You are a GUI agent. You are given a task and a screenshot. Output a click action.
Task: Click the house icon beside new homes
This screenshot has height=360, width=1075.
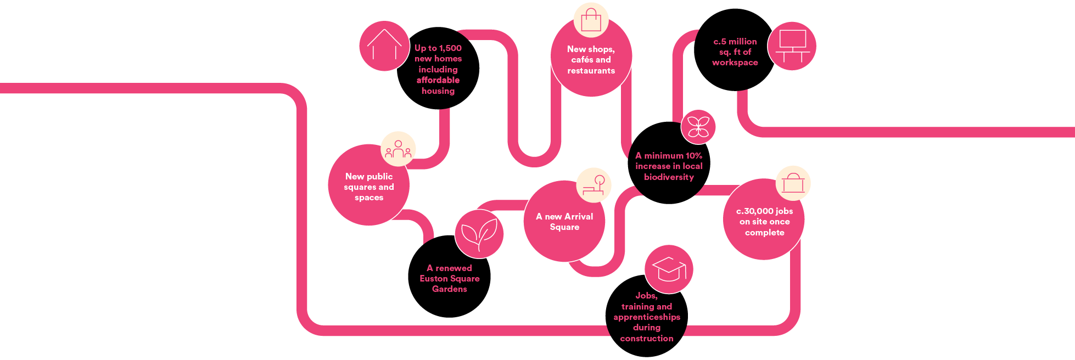pos(384,45)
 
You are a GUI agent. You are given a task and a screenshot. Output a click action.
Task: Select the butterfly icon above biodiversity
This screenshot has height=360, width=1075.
pos(698,127)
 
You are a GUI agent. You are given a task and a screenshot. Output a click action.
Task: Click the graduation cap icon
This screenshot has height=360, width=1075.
pos(669,269)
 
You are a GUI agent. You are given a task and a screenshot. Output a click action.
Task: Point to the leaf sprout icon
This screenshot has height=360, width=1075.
pos(479,234)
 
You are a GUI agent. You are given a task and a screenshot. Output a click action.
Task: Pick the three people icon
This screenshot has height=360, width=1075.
pos(398,149)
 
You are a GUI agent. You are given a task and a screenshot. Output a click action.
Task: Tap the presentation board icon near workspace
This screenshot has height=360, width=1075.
pos(792,46)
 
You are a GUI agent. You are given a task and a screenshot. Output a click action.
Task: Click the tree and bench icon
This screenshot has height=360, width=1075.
pos(594,185)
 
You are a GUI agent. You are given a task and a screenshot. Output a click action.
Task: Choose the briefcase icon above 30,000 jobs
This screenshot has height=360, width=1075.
pos(793,183)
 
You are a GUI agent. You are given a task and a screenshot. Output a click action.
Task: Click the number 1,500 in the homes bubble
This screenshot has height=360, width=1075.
pos(450,48)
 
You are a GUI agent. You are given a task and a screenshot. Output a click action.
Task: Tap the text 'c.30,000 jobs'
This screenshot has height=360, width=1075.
pos(764,211)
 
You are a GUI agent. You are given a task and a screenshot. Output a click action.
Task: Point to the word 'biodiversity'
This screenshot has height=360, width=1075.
pos(669,177)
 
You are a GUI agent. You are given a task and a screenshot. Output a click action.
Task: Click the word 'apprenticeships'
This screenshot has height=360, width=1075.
pos(647,317)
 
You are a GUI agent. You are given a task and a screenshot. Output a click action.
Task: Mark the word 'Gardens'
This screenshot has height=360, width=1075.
pos(449,289)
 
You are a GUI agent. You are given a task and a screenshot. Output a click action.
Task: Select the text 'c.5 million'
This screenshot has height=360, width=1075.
pos(735,42)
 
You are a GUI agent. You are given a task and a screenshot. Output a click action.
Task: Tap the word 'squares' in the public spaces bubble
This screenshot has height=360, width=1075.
pos(360,187)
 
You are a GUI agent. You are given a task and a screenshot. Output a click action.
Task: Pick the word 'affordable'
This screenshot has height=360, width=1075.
pos(438,80)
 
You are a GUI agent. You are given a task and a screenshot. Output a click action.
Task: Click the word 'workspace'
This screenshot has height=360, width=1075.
pos(735,63)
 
